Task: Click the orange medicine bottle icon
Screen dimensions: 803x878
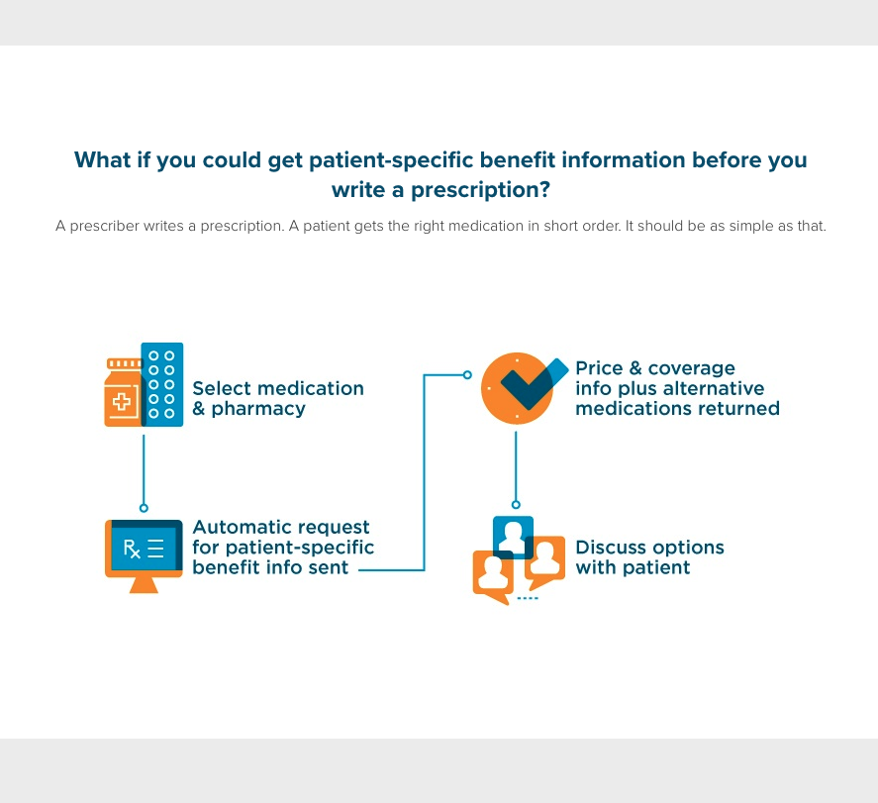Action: pyautogui.click(x=122, y=395)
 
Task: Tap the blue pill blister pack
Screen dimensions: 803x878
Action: pyautogui.click(x=162, y=384)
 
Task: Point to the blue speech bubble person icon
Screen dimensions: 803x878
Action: pyautogui.click(x=513, y=536)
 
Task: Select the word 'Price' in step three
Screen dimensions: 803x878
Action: pyautogui.click(x=600, y=368)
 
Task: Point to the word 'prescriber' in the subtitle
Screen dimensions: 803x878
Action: pyautogui.click(x=108, y=226)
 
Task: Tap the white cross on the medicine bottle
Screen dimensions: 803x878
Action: pyautogui.click(x=122, y=402)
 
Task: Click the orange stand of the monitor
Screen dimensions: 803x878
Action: pyautogui.click(x=144, y=584)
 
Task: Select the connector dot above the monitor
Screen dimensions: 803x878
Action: pyautogui.click(x=144, y=508)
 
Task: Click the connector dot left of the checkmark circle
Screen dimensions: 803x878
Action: pyautogui.click(x=468, y=375)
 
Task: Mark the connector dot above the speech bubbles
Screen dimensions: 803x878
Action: pyautogui.click(x=516, y=504)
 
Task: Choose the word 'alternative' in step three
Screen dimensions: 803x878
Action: pyautogui.click(x=714, y=388)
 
